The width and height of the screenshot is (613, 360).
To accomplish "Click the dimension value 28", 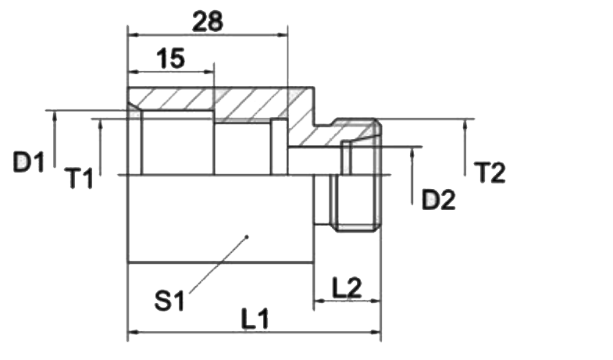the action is [x=208, y=21].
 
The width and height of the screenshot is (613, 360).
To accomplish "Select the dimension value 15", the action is [x=170, y=59].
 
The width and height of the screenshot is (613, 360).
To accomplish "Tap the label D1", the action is [x=29, y=162].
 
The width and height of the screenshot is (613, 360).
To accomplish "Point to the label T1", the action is [x=79, y=178].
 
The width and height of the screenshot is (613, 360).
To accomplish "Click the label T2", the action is [x=490, y=172].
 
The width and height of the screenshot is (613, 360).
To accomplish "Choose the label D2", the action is [x=439, y=200].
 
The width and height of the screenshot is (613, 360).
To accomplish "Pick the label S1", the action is [x=169, y=300].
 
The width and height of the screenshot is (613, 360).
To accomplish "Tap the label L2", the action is [x=347, y=287].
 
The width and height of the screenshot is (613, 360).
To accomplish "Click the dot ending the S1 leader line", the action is [x=246, y=237].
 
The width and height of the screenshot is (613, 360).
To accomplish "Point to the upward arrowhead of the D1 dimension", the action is [x=55, y=116].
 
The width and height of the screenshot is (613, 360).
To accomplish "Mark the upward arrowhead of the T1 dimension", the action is [x=101, y=125].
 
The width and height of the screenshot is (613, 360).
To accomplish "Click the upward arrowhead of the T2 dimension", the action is [x=465, y=125].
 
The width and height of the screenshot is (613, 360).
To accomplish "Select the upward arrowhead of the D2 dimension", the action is [x=412, y=153].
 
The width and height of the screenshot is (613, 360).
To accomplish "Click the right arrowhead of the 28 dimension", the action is [x=282, y=35].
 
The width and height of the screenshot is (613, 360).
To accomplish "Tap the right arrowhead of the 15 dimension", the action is [x=208, y=72].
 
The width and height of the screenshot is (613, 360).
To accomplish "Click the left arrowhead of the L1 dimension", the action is [x=134, y=332].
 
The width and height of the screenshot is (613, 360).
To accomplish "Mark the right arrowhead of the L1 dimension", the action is [x=375, y=332].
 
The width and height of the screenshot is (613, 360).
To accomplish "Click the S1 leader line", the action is [x=218, y=265].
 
